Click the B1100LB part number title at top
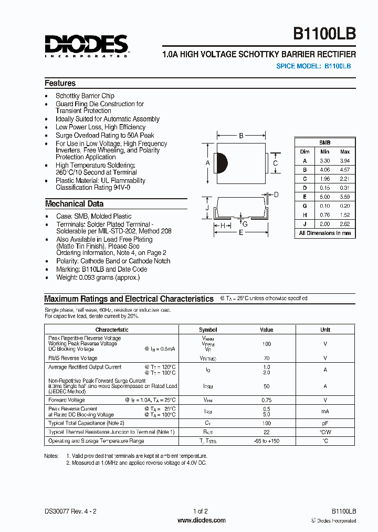coord(324,34)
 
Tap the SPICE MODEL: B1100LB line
coord(313,66)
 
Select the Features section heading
coord(60,83)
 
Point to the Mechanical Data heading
coord(74,204)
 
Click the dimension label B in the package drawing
coord(241,136)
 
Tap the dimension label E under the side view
coord(241,233)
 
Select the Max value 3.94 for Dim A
coord(344,161)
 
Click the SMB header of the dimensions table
coord(324,142)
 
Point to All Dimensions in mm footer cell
coord(324,233)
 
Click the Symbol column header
coord(208,330)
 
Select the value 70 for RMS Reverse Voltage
coord(267,358)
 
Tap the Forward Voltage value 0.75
coord(267,400)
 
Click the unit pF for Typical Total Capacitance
coord(325,423)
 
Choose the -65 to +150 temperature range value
coord(267,441)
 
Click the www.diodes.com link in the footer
coord(202,520)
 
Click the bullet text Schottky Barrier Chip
coord(85,96)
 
